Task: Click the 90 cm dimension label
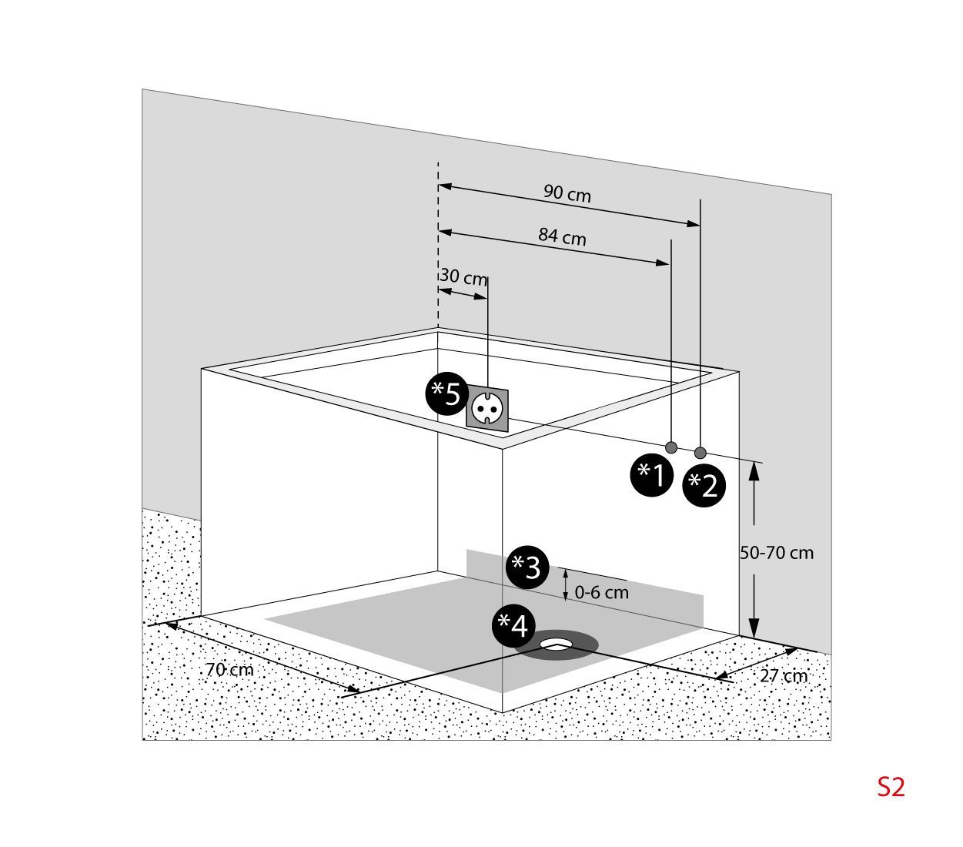[x=567, y=193]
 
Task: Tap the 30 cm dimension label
[x=463, y=276]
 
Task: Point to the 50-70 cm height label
[x=776, y=553]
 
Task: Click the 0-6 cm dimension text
[x=601, y=593]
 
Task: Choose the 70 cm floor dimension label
[x=229, y=670]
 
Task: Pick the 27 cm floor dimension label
[x=784, y=676]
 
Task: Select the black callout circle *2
[x=704, y=486]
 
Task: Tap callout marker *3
[x=527, y=567]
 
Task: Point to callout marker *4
[x=513, y=625]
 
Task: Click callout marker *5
[x=446, y=393]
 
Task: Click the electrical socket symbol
[x=487, y=407]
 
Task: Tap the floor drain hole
[x=557, y=644]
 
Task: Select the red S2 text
[x=891, y=787]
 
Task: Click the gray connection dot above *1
[x=671, y=447]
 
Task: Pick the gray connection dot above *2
[x=701, y=452]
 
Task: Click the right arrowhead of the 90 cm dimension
[x=694, y=223]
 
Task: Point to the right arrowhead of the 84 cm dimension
[x=663, y=262]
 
